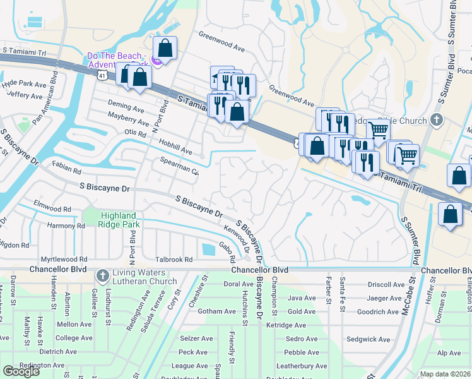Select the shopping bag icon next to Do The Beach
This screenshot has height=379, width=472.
pyautogui.click(x=165, y=48)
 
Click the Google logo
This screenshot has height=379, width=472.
pyautogui.click(x=21, y=371)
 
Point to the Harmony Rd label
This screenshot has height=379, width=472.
pyautogui.click(x=66, y=226)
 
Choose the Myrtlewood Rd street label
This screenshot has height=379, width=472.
pyautogui.click(x=64, y=260)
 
